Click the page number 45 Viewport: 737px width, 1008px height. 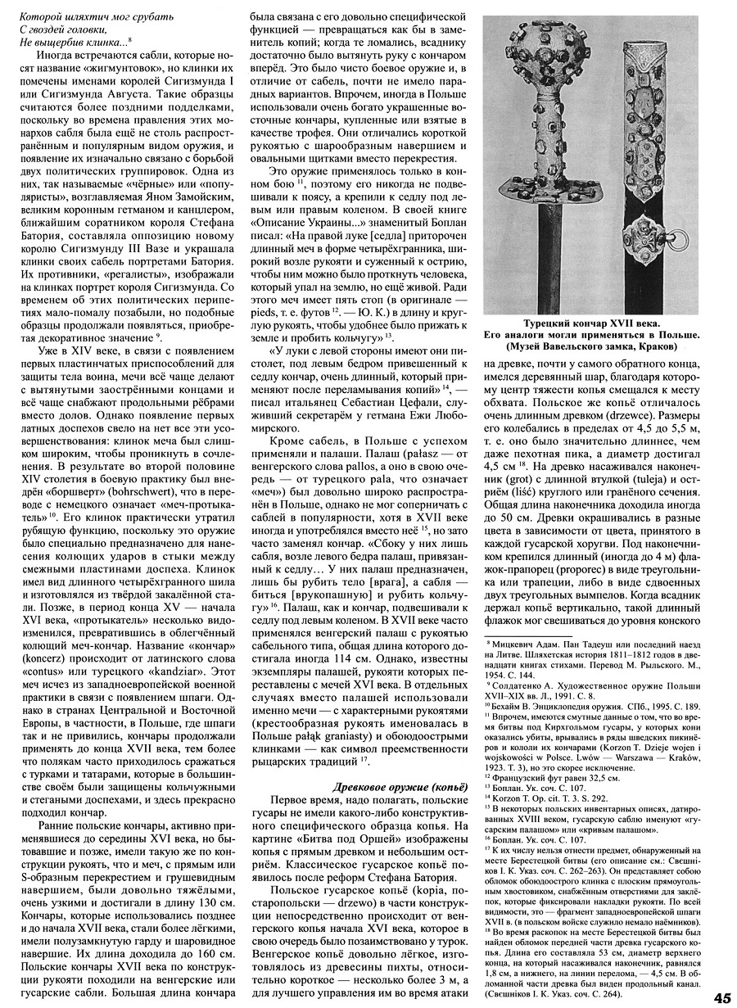[721, 997]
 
